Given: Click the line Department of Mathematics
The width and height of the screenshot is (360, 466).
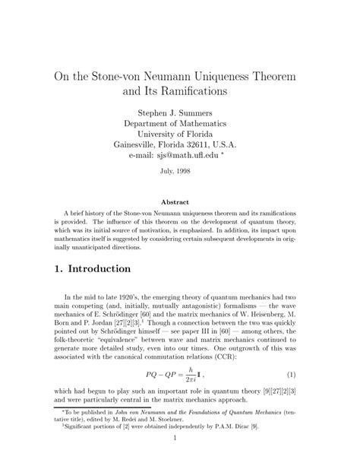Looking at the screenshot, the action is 180,131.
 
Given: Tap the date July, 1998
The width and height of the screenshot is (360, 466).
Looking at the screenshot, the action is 180,182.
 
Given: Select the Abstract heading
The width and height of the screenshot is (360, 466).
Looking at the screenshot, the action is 180,203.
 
